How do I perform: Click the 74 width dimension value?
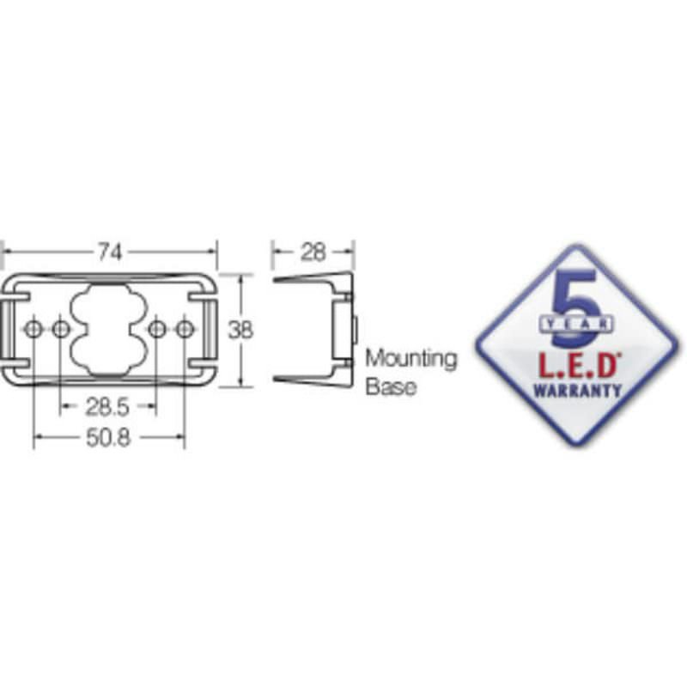click(x=110, y=252)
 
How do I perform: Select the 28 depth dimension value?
click(x=313, y=252)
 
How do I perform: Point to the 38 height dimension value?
click(x=240, y=330)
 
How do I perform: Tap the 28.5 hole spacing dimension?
click(x=107, y=407)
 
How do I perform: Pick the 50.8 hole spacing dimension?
click(x=109, y=438)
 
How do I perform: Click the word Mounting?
click(x=411, y=359)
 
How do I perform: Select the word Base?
click(x=391, y=387)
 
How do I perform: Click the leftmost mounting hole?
click(x=33, y=329)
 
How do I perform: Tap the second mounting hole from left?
click(x=60, y=329)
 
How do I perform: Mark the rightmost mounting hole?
click(x=185, y=329)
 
